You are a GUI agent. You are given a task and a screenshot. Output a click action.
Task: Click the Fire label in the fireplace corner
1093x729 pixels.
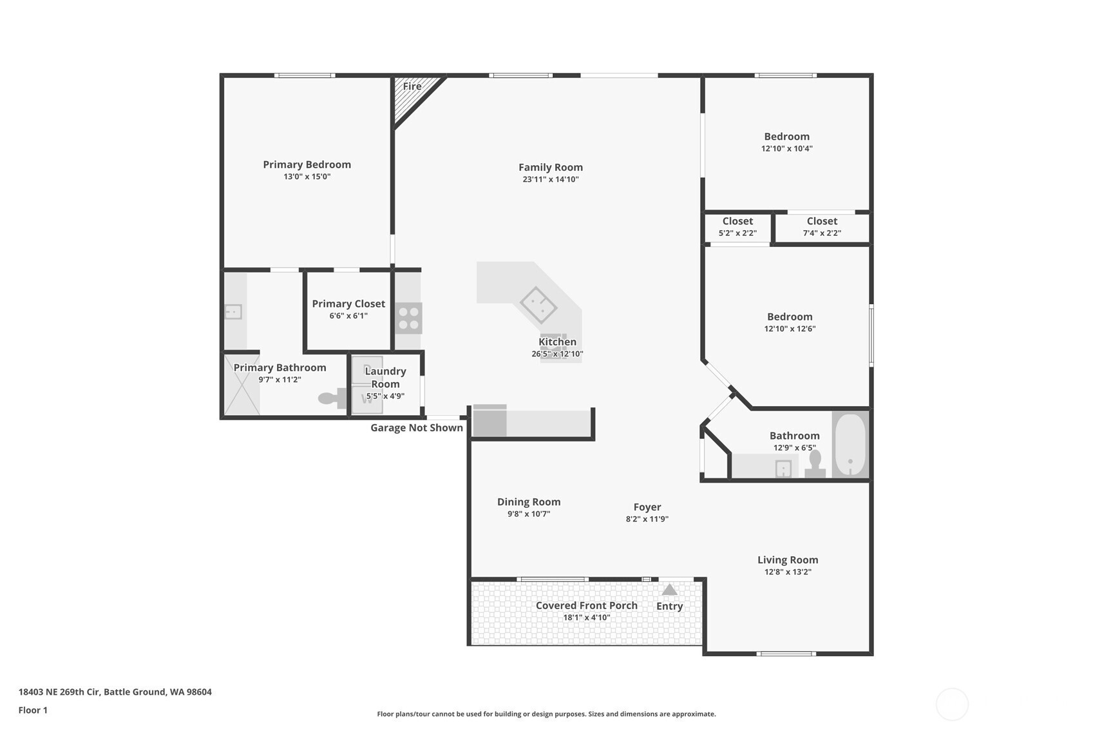(412, 86)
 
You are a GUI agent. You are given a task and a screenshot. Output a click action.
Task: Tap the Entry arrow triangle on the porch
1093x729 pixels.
(669, 590)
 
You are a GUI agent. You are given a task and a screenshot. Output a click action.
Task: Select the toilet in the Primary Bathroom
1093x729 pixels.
(332, 398)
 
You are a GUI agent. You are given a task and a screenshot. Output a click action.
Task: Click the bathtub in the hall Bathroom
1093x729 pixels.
(850, 444)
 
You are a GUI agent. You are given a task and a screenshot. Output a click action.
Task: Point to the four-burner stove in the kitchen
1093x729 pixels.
(408, 318)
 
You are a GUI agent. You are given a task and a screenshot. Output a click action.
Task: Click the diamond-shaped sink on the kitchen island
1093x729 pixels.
(538, 305)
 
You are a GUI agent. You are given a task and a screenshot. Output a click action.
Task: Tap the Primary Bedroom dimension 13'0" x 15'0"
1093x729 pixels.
(307, 177)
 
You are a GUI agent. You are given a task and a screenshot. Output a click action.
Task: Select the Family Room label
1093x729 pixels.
(551, 168)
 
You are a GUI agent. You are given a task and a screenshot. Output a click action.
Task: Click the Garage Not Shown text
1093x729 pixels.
(417, 428)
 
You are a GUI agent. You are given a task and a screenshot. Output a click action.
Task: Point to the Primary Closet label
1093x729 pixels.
(348, 304)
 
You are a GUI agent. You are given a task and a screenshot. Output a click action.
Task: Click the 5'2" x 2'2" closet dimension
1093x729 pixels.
(737, 233)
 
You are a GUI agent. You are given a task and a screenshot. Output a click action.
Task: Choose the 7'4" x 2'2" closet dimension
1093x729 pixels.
(822, 233)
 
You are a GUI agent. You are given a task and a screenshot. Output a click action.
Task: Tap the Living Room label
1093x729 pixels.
(788, 560)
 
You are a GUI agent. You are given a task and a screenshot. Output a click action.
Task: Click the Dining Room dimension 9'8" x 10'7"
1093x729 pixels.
(528, 514)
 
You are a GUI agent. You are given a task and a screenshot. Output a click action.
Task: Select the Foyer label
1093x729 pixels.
(647, 507)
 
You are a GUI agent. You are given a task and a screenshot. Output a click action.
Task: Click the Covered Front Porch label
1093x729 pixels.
(587, 605)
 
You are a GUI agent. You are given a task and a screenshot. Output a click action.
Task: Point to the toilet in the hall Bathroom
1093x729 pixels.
(815, 464)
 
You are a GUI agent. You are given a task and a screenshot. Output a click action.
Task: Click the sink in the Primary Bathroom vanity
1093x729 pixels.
(233, 311)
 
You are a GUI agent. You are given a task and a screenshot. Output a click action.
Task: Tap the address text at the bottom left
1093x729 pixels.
(115, 692)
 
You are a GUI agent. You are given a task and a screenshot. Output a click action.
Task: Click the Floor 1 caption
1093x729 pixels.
(33, 710)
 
